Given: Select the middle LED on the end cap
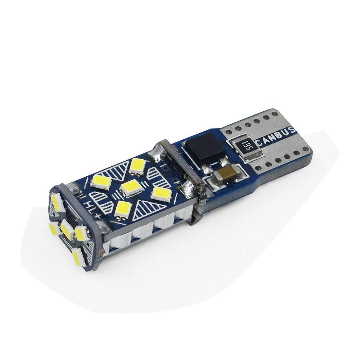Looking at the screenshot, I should pyautogui.click(x=68, y=229).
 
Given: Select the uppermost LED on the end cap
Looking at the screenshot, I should pyautogui.click(x=57, y=203).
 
